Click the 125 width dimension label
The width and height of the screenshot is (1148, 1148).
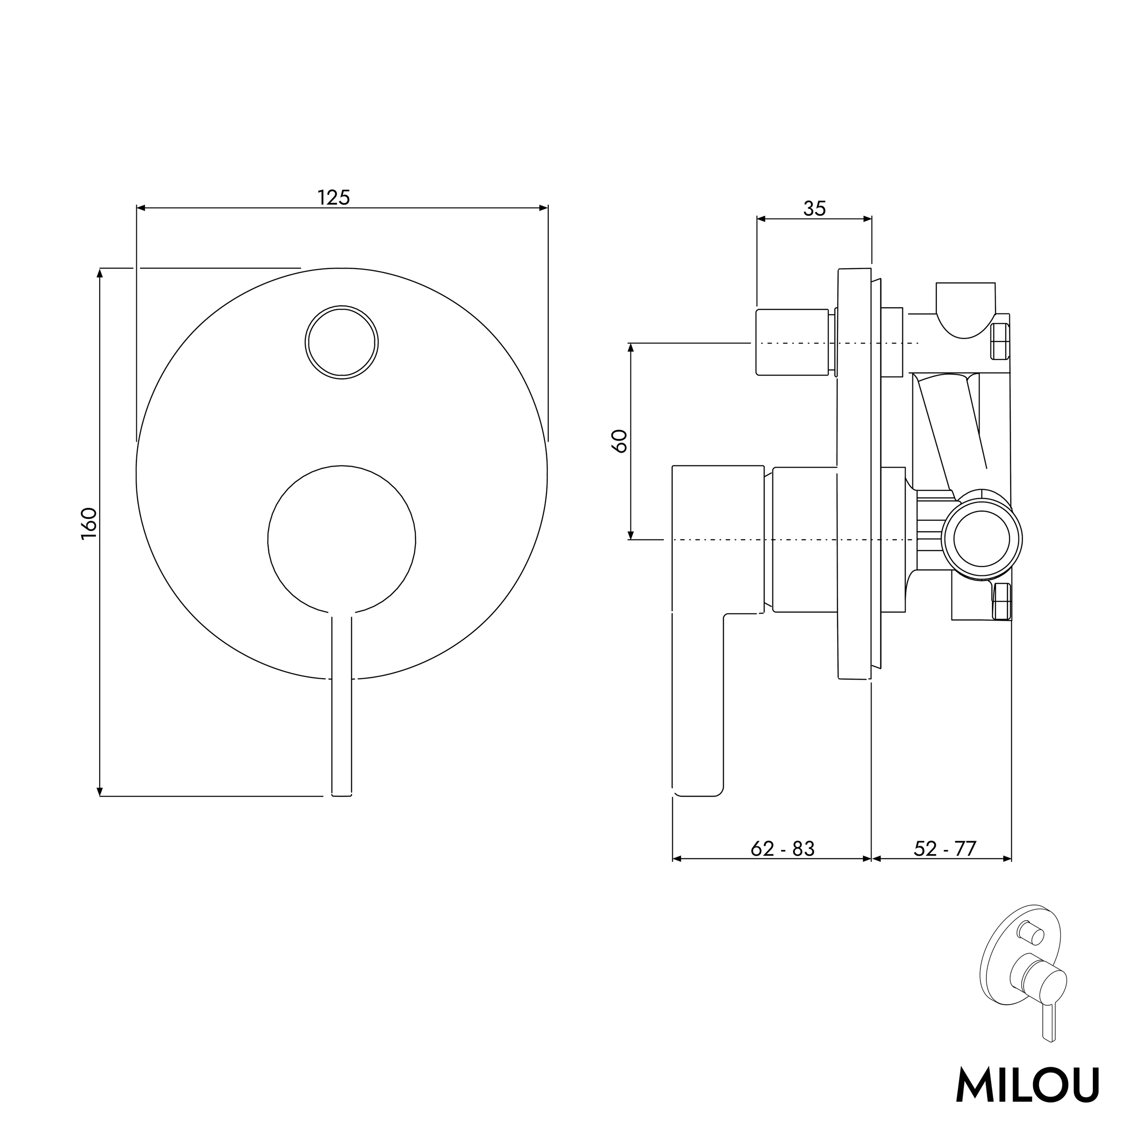coord(334,197)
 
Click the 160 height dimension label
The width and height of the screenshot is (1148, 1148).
coord(89,523)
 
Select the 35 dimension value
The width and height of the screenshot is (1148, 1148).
coord(814,208)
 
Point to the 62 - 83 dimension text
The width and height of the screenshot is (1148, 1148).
coord(782,849)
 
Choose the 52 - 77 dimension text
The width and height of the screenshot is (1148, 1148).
coord(945,849)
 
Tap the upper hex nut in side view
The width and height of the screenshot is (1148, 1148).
coord(1001,341)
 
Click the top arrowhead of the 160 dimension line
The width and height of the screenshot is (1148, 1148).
coord(100,273)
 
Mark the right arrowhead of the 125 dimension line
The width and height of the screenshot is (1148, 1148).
coord(543,208)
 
